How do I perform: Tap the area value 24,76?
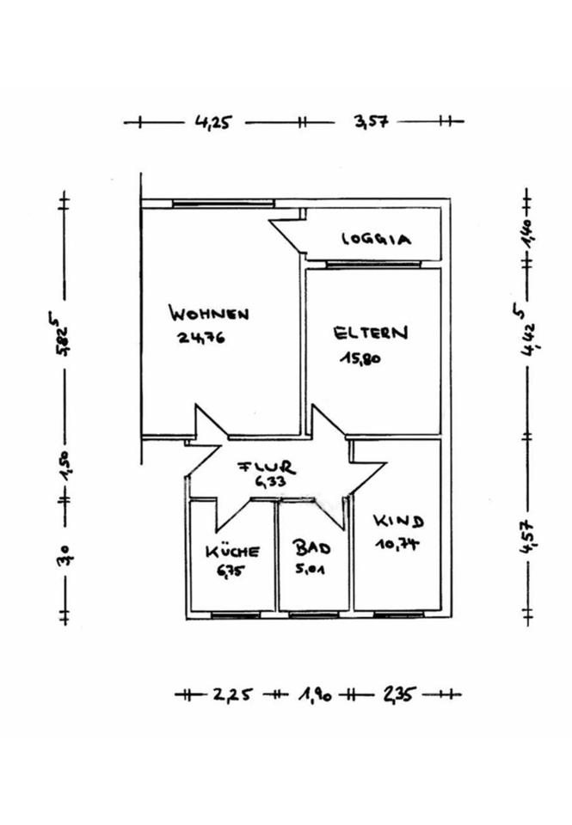click(x=201, y=338)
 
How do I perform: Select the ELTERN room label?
click(x=371, y=332)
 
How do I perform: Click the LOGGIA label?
click(x=376, y=239)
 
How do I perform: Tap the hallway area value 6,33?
click(x=269, y=482)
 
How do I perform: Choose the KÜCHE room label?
click(x=232, y=551)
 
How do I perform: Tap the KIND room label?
click(x=397, y=521)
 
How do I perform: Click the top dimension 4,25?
click(x=213, y=122)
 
